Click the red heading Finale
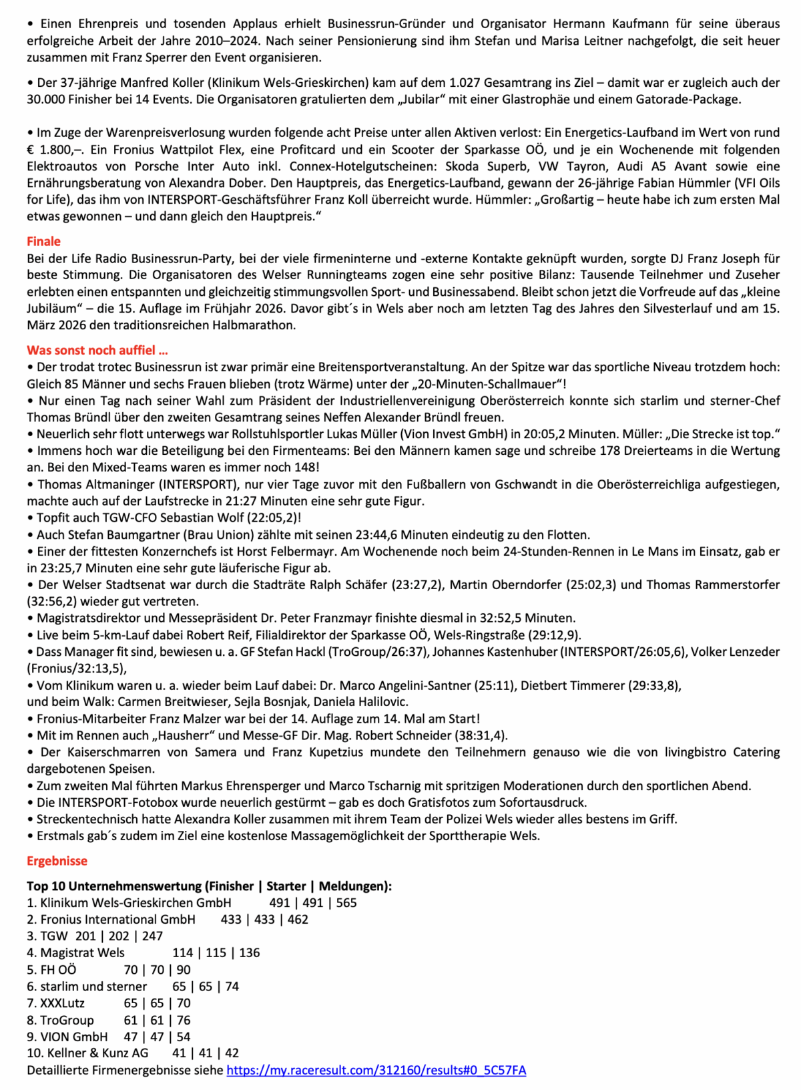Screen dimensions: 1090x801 pyautogui.click(x=43, y=242)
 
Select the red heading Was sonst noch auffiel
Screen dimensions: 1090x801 pyautogui.click(x=97, y=351)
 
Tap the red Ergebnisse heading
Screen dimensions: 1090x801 pyautogui.click(x=57, y=862)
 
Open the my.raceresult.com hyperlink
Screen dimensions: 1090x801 pyautogui.click(x=376, y=1071)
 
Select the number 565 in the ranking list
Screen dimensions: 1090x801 pyautogui.click(x=346, y=903)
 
